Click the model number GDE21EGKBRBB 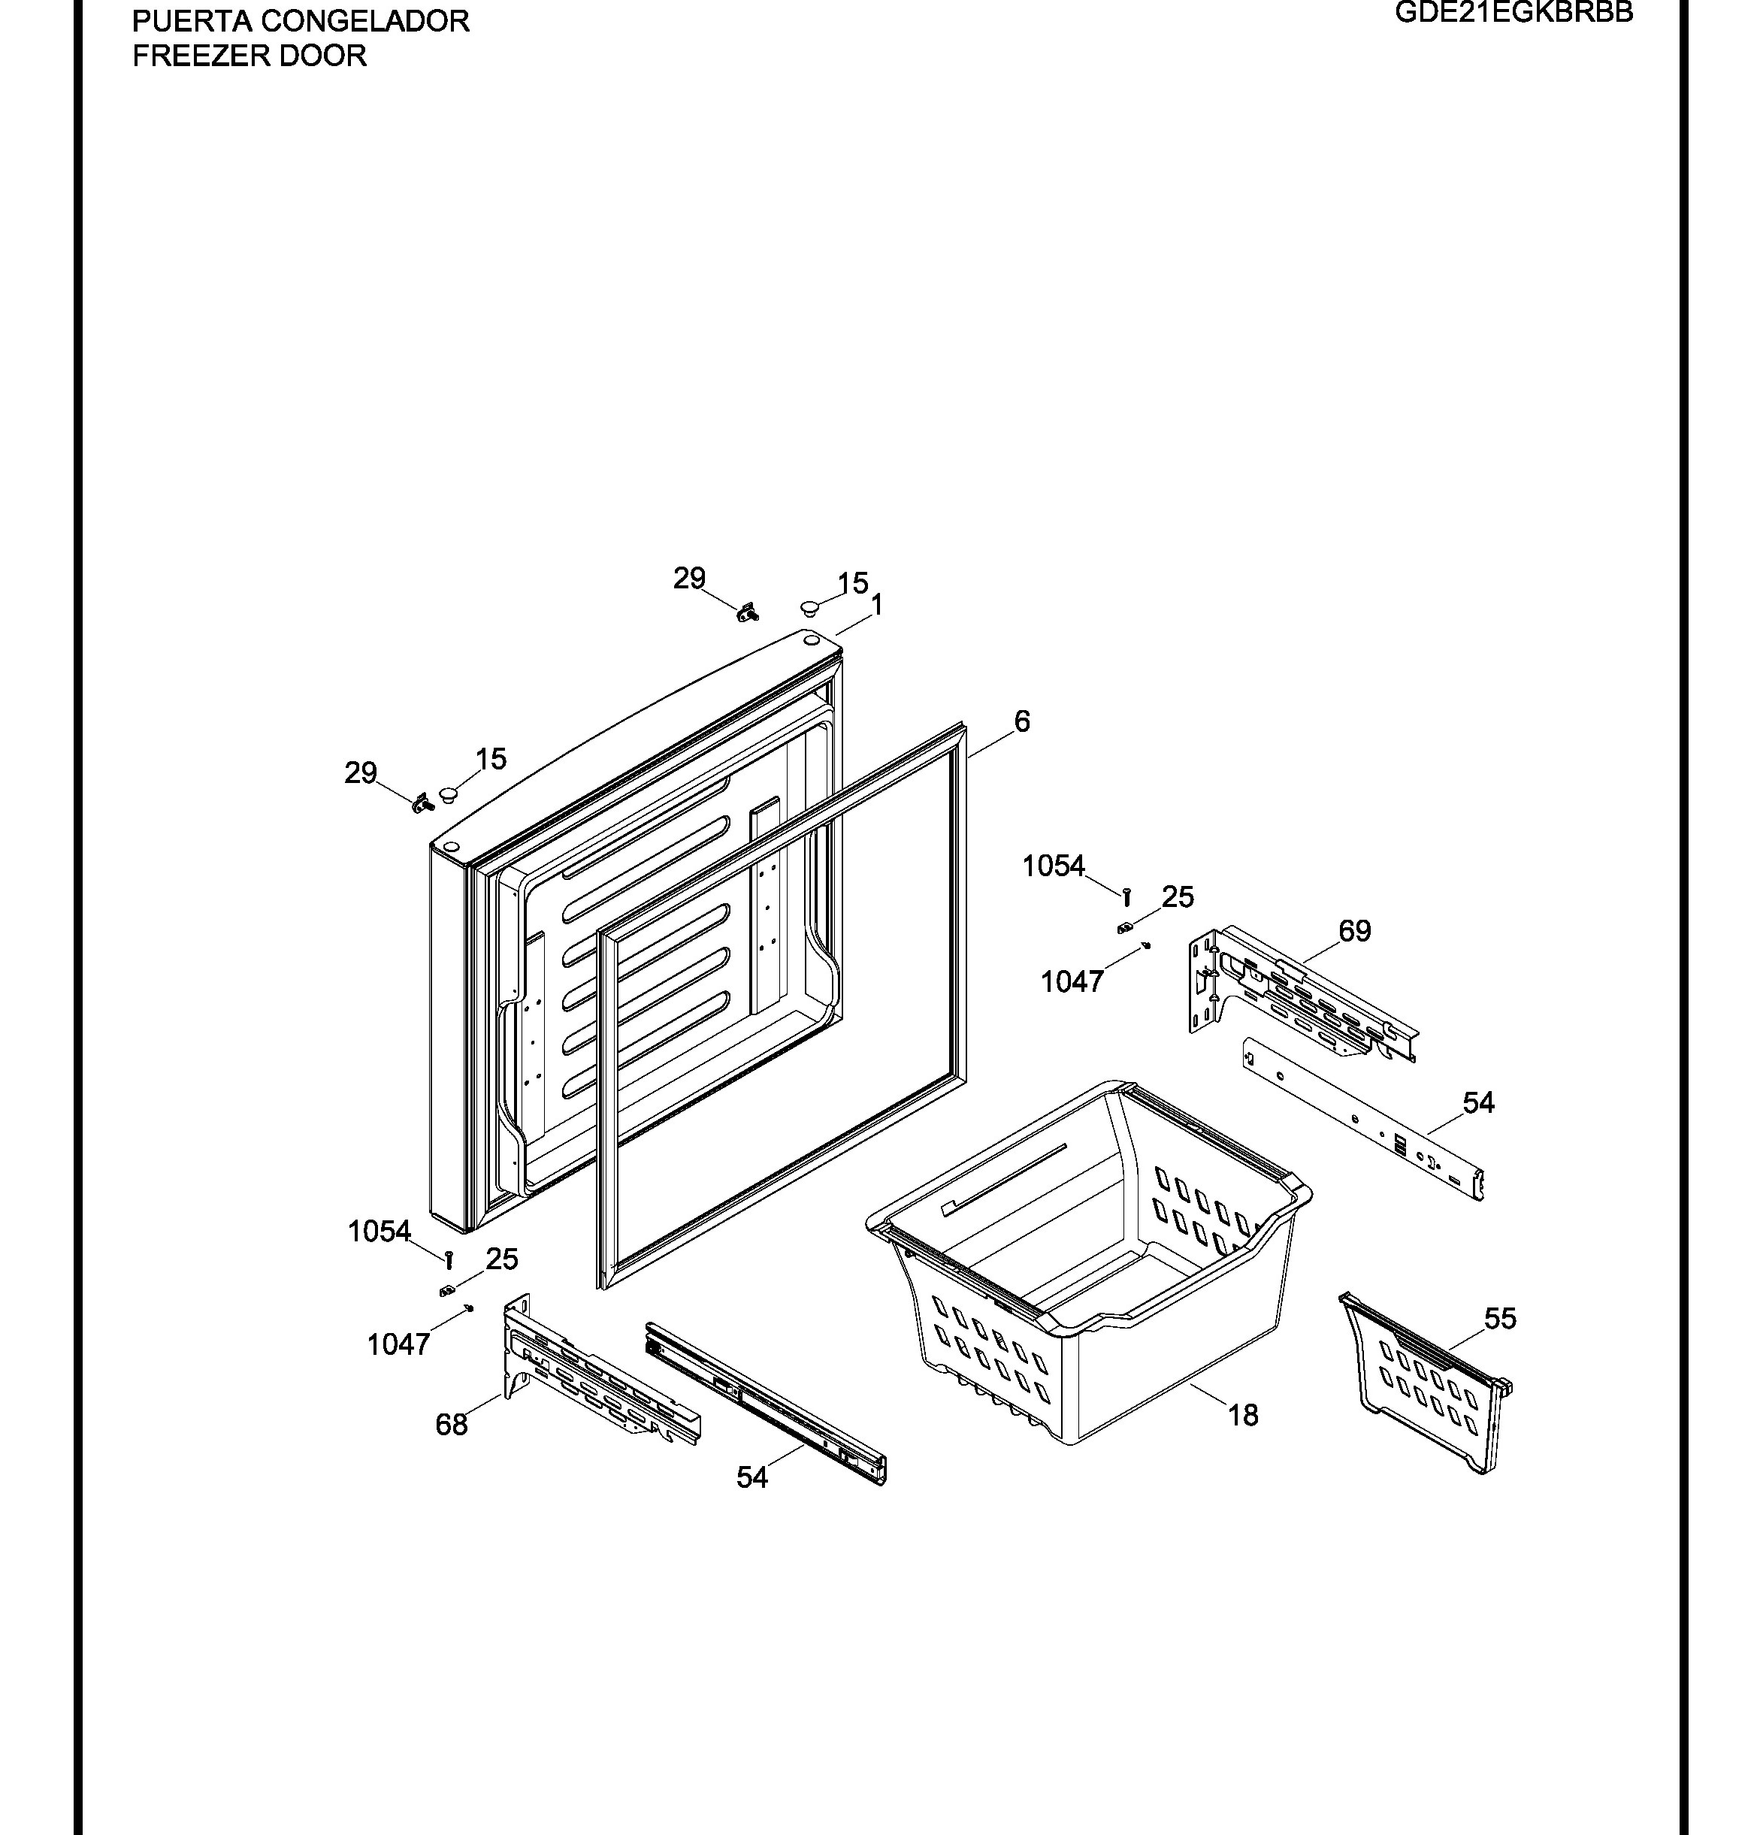click(x=1514, y=12)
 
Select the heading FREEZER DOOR click(x=249, y=56)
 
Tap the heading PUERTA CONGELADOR click(x=301, y=20)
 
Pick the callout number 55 click(x=1499, y=1318)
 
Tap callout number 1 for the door click(x=876, y=605)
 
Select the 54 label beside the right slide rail click(x=1477, y=1103)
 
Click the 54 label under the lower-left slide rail click(x=751, y=1477)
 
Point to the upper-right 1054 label click(x=1054, y=866)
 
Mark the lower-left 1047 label click(x=398, y=1344)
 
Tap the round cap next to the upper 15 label click(x=809, y=609)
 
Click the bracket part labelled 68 click(x=599, y=1371)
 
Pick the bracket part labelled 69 click(x=1302, y=994)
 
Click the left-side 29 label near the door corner click(x=361, y=772)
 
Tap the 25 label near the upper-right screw click(x=1177, y=897)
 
